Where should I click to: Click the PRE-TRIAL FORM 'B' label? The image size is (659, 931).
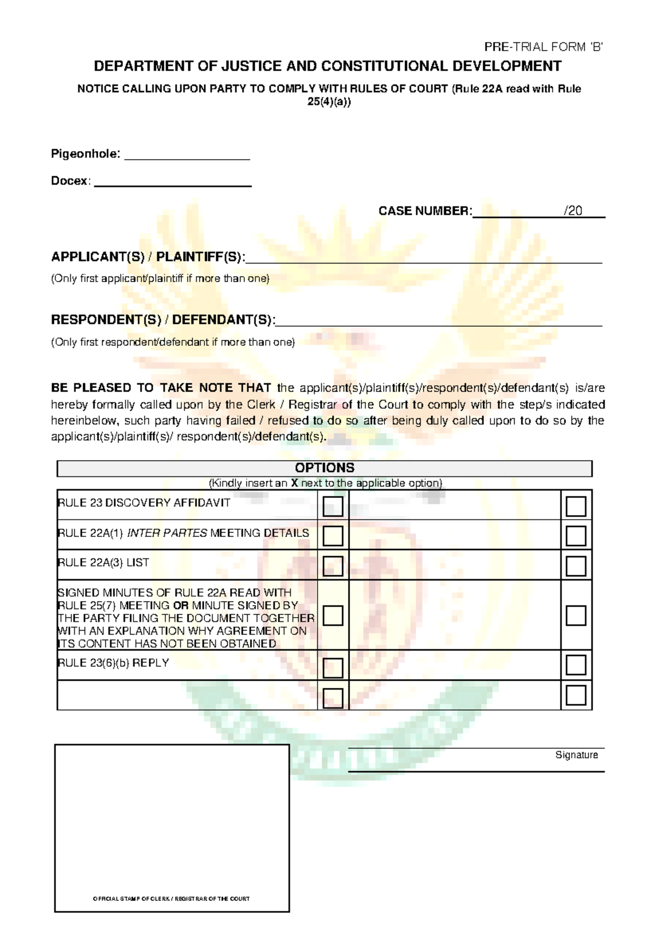(543, 47)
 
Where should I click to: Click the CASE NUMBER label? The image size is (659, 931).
(425, 211)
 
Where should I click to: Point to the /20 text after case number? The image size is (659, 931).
(573, 211)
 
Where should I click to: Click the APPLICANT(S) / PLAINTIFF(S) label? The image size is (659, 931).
(148, 257)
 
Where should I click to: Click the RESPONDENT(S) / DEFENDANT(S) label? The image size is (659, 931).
(163, 320)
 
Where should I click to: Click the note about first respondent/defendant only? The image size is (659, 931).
(173, 342)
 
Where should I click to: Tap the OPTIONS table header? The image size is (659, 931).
(325, 468)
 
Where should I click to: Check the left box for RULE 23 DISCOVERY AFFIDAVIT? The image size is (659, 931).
(333, 506)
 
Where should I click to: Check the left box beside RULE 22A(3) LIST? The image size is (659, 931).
(333, 566)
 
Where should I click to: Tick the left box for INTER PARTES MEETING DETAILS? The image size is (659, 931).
(333, 536)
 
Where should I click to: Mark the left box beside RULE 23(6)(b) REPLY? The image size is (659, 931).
(333, 668)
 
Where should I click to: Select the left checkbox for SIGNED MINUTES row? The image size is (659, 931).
(333, 616)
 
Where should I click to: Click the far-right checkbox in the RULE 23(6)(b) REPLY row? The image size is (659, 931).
(576, 665)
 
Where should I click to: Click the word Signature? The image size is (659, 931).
(576, 755)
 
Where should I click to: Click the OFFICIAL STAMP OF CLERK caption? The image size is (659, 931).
(171, 899)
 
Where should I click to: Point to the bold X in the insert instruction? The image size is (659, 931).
(294, 484)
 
